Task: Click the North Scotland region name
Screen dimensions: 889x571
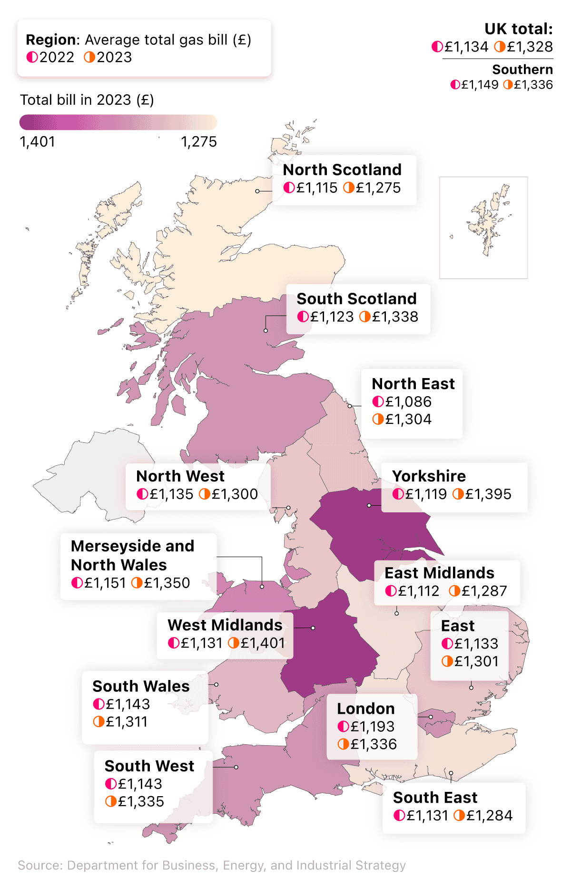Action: pyautogui.click(x=342, y=170)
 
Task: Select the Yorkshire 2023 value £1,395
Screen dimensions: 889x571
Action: pyautogui.click(x=488, y=494)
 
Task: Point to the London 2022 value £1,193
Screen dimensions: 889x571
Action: pyautogui.click(x=372, y=726)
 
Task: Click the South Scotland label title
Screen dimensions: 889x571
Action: pyautogui.click(x=356, y=299)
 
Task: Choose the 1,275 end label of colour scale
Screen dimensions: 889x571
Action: pyautogui.click(x=198, y=141)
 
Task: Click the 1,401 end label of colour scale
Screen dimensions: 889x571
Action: pyautogui.click(x=37, y=141)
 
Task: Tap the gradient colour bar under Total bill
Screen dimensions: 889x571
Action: pyautogui.click(x=118, y=122)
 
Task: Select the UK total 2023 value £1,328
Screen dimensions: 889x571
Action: pyautogui.click(x=529, y=47)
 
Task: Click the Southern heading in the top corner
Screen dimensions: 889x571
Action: pyautogui.click(x=522, y=70)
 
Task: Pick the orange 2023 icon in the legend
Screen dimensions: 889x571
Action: pyautogui.click(x=89, y=57)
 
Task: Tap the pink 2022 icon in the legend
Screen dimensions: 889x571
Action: pyautogui.click(x=32, y=57)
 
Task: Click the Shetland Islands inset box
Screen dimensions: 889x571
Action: pyautogui.click(x=483, y=227)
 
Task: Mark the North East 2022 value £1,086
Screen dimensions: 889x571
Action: pyautogui.click(x=408, y=401)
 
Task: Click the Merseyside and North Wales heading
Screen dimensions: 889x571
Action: pyautogui.click(x=132, y=555)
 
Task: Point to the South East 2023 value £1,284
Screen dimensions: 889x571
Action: pyautogui.click(x=489, y=815)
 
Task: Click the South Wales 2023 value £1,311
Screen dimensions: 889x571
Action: pyautogui.click(x=126, y=721)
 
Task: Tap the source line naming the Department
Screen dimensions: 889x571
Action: pyautogui.click(x=212, y=865)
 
